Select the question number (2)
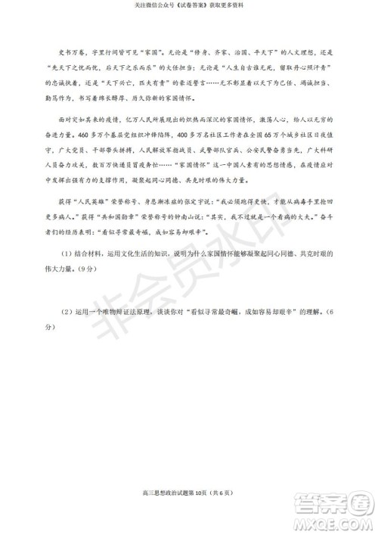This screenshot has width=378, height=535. [67, 311]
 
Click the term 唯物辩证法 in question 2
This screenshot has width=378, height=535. [129, 311]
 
